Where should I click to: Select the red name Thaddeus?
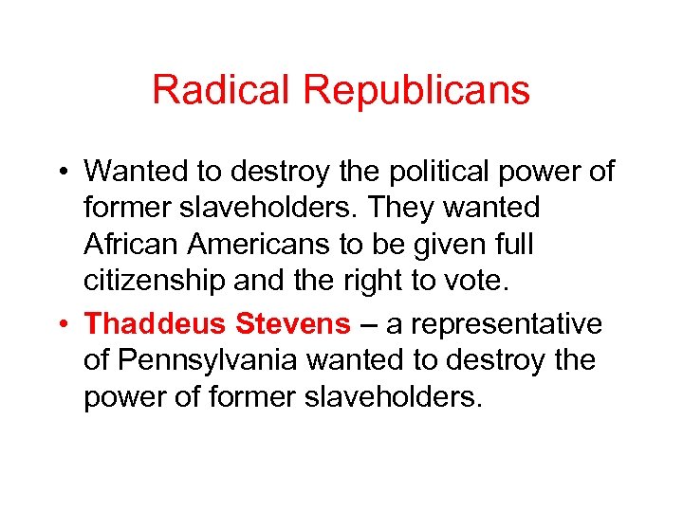[156, 324]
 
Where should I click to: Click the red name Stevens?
[292, 324]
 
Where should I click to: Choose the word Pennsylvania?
[201, 361]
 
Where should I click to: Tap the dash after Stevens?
[366, 324]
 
